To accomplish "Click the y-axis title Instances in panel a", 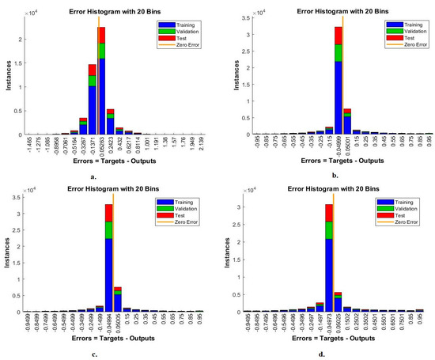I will point(9,79).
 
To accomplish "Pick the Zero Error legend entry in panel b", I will point(400,44).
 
